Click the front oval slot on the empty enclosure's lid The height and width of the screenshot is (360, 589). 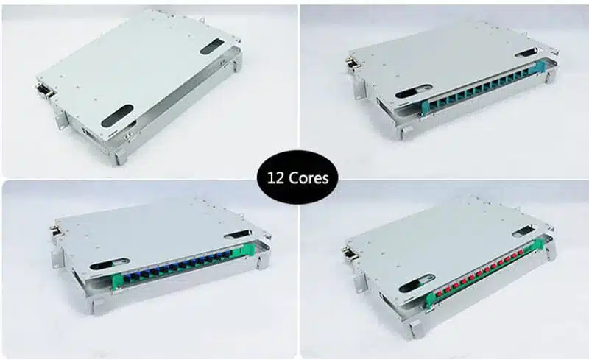click(x=118, y=116)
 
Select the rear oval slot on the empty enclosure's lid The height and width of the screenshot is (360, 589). click(x=212, y=46)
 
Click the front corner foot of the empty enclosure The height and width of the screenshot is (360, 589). click(x=119, y=158)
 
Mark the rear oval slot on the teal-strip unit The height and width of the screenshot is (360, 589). click(x=527, y=52)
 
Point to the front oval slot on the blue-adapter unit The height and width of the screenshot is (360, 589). click(x=105, y=263)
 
